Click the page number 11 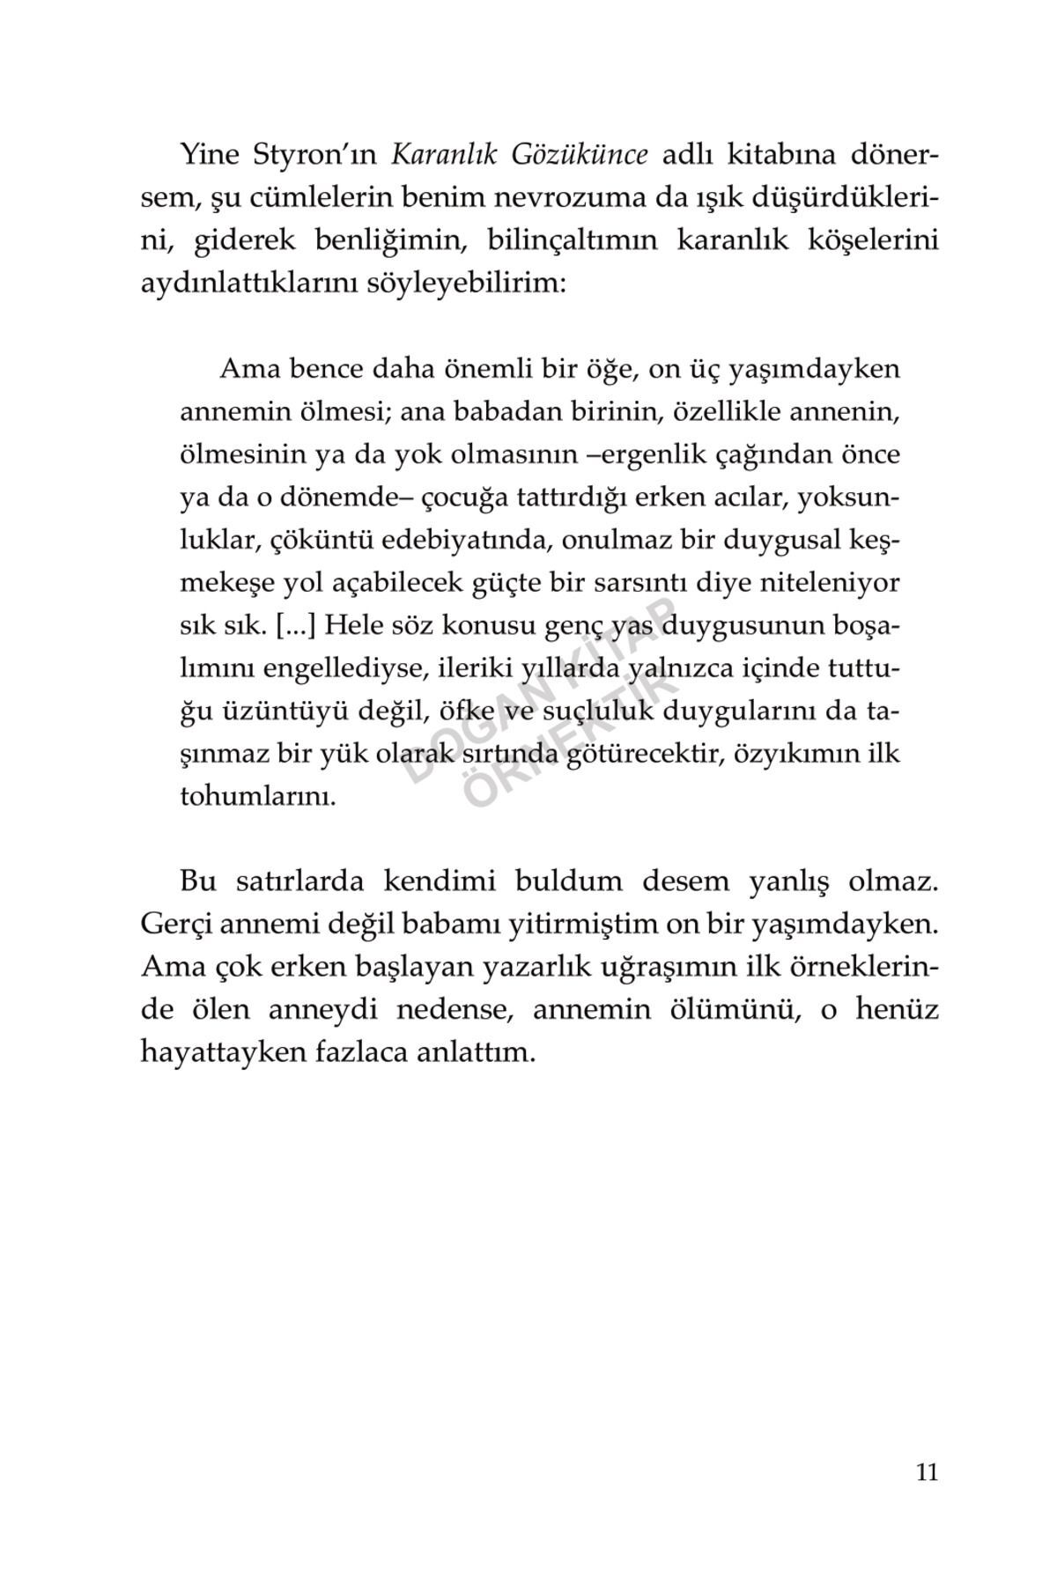coord(927,1472)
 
